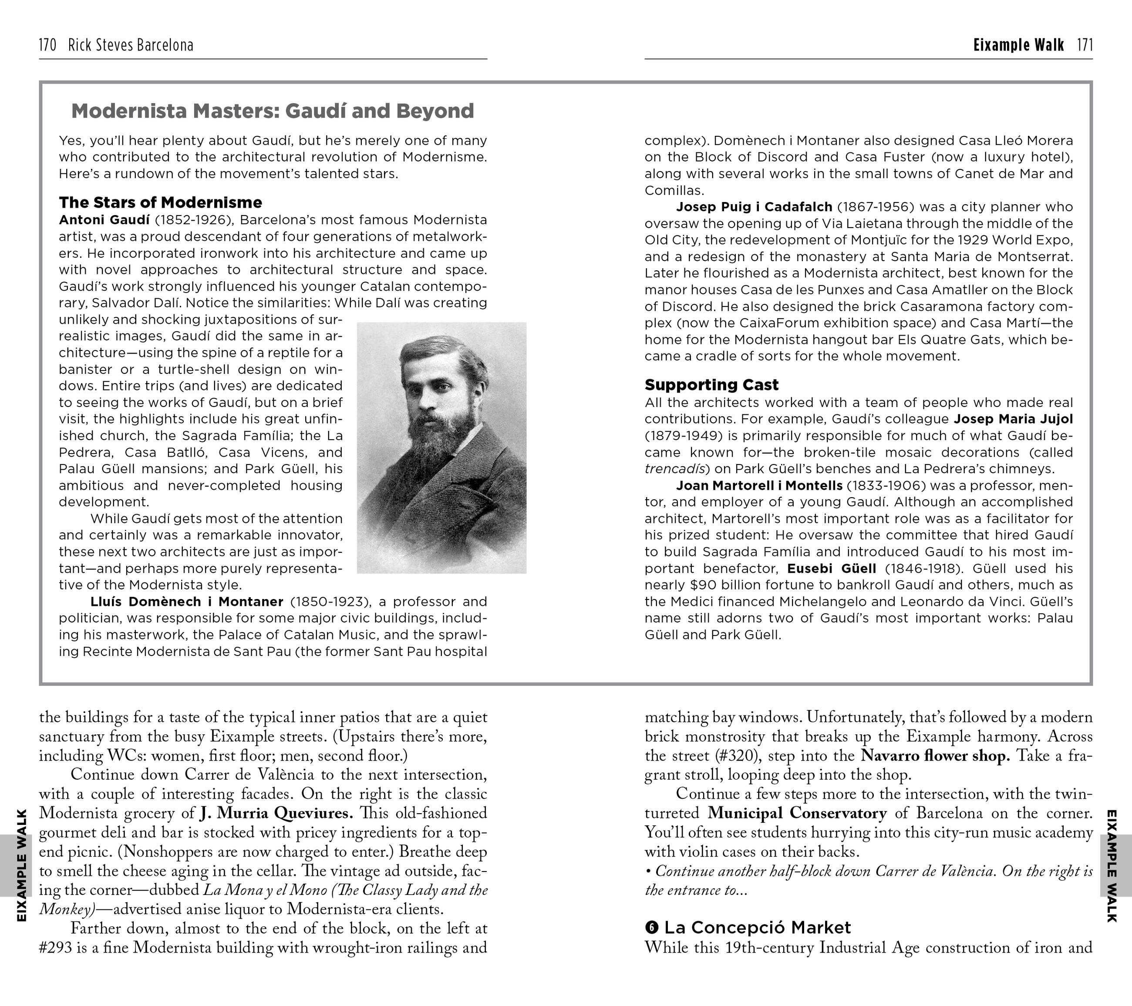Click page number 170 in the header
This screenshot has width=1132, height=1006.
tap(47, 45)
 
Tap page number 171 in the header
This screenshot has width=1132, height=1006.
tap(1085, 45)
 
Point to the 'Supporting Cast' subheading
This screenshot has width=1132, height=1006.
tap(711, 385)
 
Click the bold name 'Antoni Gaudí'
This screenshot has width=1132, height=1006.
tap(104, 220)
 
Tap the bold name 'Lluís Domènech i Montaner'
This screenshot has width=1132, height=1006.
tap(187, 602)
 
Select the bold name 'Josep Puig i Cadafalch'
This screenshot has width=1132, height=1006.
tap(754, 207)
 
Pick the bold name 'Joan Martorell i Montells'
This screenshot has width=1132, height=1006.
tap(759, 485)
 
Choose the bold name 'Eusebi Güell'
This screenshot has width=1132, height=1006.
tap(831, 569)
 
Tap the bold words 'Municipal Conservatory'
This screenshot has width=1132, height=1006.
tap(797, 813)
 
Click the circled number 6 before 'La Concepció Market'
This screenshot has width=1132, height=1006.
tap(652, 927)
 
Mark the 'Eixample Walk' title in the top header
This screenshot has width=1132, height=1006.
tap(1018, 45)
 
